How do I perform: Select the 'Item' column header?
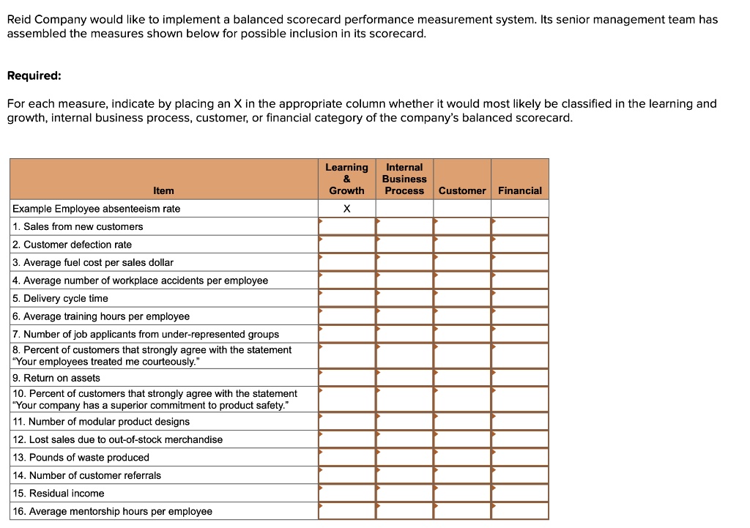pos(163,190)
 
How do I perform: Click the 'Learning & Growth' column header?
pos(346,179)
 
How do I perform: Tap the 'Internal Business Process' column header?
pos(404,179)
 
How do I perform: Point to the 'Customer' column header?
pos(462,190)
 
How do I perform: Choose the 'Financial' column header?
pos(520,190)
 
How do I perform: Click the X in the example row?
pos(347,209)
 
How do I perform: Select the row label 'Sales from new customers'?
pos(78,226)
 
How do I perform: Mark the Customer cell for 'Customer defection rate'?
pos(462,245)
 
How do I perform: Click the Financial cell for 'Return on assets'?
pos(520,378)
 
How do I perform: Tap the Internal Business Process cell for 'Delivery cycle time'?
pos(404,298)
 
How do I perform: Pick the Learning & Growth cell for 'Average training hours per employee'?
pos(347,316)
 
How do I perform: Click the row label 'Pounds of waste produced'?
pos(81,458)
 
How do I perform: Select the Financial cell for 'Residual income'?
pos(520,494)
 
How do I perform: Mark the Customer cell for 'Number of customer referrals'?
pos(462,475)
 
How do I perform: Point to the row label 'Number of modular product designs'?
pos(101,422)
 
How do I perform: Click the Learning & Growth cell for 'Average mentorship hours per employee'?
pos(347,511)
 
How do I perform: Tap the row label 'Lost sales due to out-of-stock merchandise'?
pos(118,439)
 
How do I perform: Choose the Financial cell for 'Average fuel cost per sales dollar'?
pos(520,262)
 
